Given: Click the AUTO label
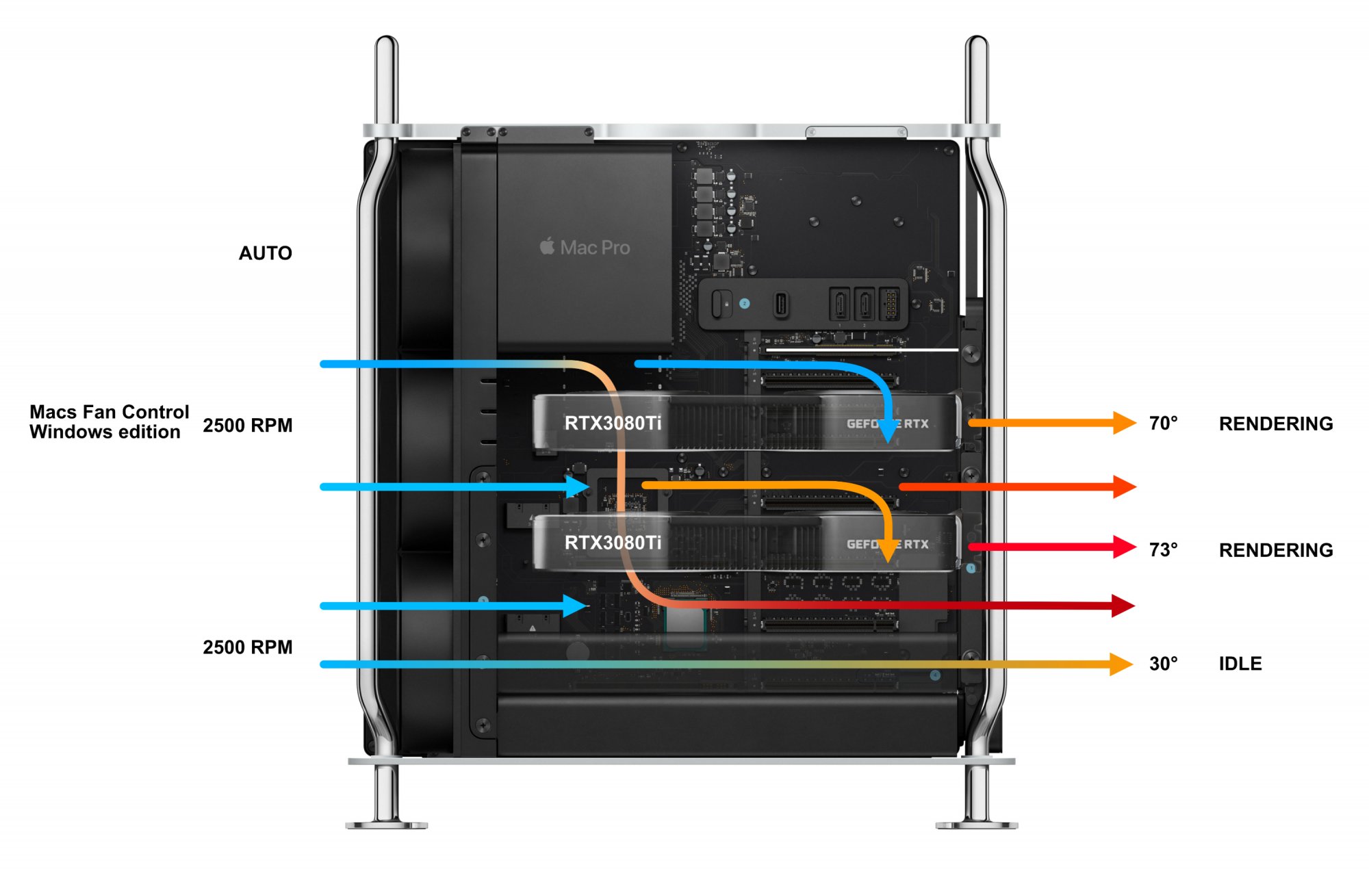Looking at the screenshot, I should tap(265, 253).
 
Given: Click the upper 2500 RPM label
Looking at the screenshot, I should tap(247, 425).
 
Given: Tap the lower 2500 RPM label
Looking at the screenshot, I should tap(247, 647).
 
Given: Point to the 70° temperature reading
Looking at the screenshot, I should tap(1163, 423).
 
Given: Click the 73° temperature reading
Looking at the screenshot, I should tap(1163, 549).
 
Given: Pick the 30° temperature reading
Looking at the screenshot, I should tap(1163, 663).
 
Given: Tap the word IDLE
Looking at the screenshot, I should tap(1240, 663).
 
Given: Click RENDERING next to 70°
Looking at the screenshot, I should tap(1275, 424).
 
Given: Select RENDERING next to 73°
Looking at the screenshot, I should tap(1275, 550).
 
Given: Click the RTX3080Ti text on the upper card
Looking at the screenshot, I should tap(613, 424).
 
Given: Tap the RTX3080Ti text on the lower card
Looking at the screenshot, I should tap(613, 543).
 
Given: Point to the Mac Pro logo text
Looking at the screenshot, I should tap(585, 247).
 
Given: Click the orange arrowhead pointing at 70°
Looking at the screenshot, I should tap(1123, 423).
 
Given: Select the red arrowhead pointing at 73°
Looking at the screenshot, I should tap(1123, 547).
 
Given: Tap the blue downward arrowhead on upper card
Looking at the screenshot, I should tap(887, 432).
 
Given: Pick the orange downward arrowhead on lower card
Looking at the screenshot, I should tap(887, 551).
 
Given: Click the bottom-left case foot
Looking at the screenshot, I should tap(386, 821).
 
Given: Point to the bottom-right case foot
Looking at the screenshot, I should tap(977, 821).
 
